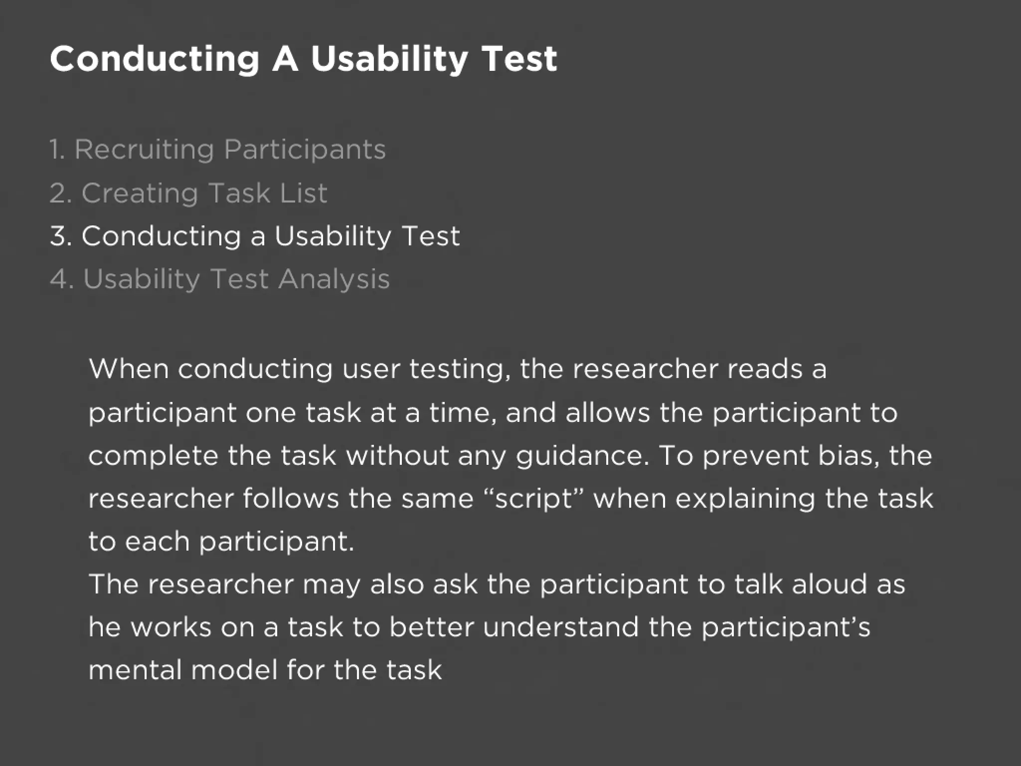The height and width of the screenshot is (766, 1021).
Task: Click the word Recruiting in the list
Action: coord(144,150)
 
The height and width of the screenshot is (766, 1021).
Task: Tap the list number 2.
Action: coord(60,193)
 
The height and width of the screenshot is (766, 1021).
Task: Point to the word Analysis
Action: coord(334,279)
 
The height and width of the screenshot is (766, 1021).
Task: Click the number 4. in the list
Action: coord(61,279)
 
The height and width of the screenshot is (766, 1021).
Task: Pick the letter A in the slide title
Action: coord(285,59)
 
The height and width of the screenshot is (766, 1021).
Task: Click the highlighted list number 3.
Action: coord(61,236)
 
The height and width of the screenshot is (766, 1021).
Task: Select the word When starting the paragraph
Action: coord(129,369)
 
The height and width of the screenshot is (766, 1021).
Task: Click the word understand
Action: coord(560,627)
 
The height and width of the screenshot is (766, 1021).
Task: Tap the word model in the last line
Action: coord(234,670)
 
